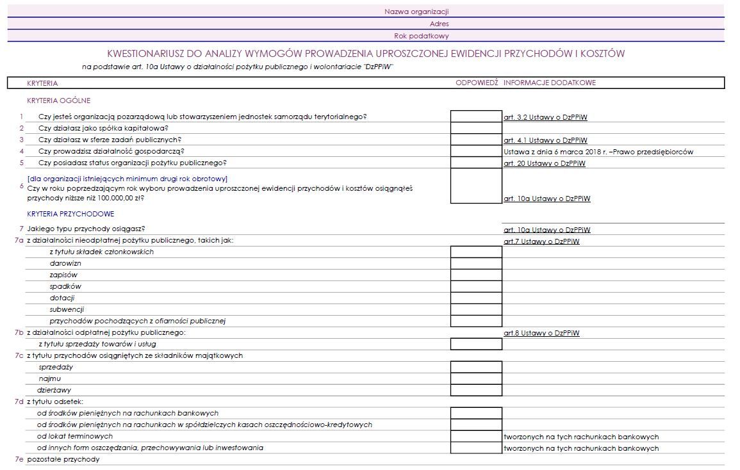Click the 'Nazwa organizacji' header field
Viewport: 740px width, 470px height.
tap(416, 12)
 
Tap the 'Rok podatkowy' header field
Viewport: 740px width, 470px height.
tap(421, 36)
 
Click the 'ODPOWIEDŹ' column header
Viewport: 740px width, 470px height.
tap(476, 83)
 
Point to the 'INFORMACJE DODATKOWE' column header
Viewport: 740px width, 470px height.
tap(549, 83)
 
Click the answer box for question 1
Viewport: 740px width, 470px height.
tap(476, 117)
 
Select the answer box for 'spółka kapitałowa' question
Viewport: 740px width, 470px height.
tap(476, 128)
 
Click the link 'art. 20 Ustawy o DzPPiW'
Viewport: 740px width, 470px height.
tap(545, 163)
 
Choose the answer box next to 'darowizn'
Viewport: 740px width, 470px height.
tap(476, 263)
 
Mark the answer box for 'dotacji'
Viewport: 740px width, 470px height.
tap(476, 298)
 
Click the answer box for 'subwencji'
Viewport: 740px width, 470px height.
tap(476, 309)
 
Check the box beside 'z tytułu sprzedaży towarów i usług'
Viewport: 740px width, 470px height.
tap(476, 344)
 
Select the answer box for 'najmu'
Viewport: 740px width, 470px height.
tap(476, 378)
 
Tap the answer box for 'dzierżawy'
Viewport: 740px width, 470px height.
tap(476, 390)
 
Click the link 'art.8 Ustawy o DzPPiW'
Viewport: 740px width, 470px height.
tap(541, 333)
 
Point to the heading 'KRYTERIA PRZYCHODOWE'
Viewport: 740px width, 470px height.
tap(70, 214)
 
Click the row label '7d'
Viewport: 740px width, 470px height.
tap(19, 401)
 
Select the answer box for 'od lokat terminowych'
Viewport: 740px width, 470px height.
tap(476, 436)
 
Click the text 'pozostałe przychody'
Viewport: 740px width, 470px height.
tap(63, 459)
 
